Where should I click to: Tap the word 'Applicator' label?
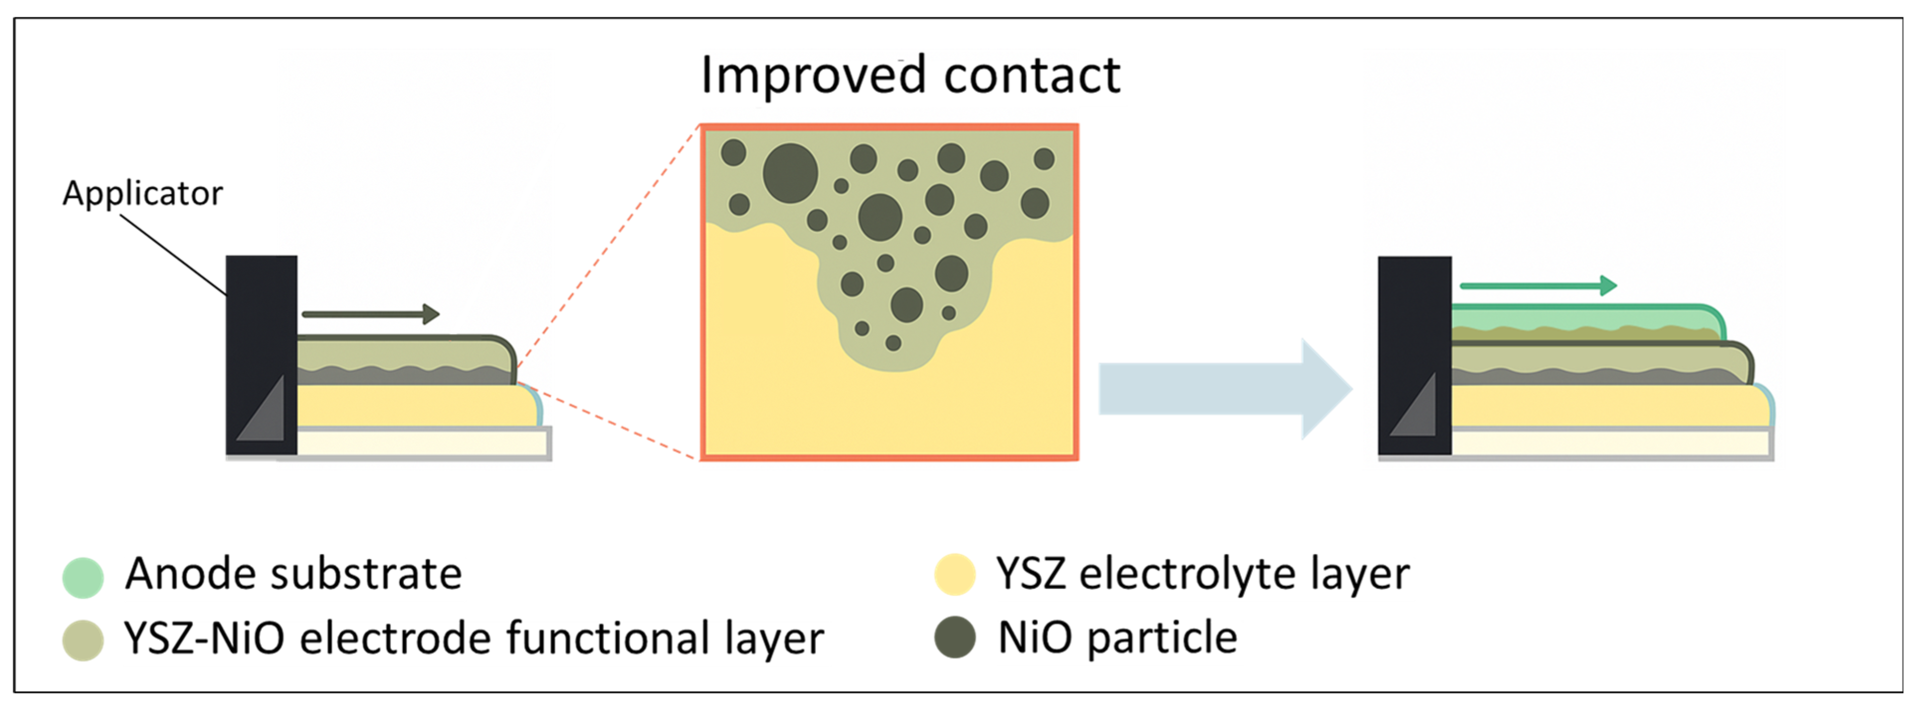tap(142, 193)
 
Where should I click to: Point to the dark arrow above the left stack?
tap(371, 314)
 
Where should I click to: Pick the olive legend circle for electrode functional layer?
tap(83, 640)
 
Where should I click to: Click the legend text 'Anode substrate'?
tap(293, 574)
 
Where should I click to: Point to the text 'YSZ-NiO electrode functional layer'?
tap(474, 638)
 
